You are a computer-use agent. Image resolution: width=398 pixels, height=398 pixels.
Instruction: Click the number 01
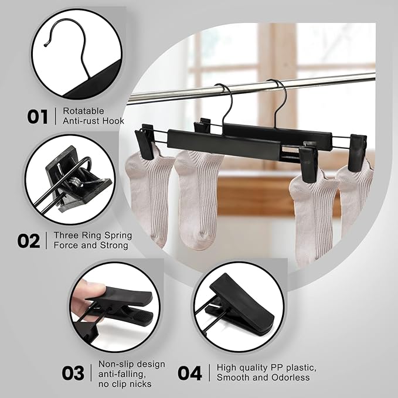point(38,116)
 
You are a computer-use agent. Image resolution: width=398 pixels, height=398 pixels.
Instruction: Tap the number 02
point(29,241)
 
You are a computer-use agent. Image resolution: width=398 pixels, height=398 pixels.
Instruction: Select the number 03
point(73,372)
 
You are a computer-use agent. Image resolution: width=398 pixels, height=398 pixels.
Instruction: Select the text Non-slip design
point(131,364)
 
